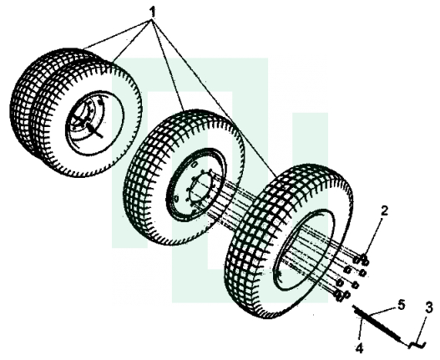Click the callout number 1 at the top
(x=152, y=12)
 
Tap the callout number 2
(x=384, y=210)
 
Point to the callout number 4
(x=360, y=348)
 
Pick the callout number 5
(x=402, y=304)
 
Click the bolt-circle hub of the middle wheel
(x=200, y=188)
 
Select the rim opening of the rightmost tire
(x=304, y=251)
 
